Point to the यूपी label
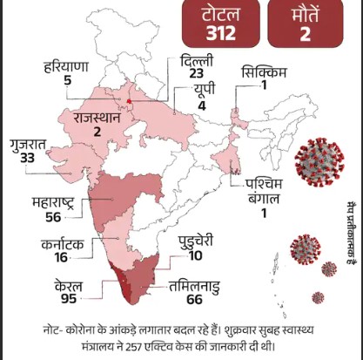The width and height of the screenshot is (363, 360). click(199, 92)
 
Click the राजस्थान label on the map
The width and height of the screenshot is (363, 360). click(97, 116)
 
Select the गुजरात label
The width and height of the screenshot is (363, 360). click(27, 142)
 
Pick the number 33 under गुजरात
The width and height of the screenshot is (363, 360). click(27, 157)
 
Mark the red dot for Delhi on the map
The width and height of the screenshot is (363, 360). click(129, 103)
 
